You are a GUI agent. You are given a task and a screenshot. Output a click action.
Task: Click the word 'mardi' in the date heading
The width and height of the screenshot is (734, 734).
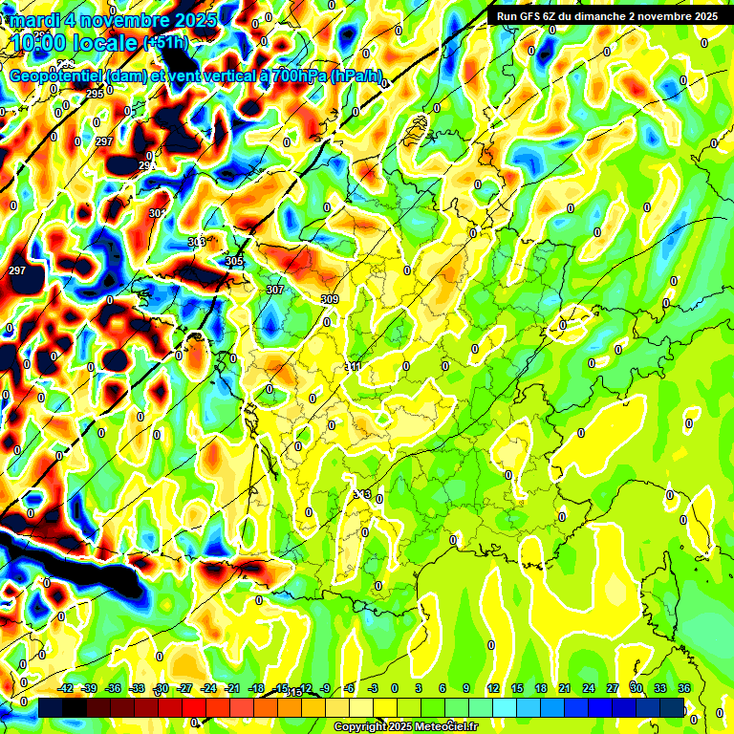point(34,19)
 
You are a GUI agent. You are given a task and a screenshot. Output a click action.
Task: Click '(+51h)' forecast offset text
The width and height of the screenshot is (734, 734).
point(164,42)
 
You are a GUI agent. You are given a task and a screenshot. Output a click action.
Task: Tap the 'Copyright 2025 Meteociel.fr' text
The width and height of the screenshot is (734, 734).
point(404,726)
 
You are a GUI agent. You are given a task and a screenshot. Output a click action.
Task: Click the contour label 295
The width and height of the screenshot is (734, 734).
point(95,94)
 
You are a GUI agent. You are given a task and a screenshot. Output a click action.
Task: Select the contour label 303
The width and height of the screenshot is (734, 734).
point(197,242)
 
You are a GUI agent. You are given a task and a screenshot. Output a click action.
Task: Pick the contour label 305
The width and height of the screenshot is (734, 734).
point(234,261)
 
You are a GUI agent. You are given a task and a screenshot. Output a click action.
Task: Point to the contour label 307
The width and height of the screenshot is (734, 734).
point(275,289)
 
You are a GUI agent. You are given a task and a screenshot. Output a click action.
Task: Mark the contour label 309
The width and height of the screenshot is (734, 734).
point(330,299)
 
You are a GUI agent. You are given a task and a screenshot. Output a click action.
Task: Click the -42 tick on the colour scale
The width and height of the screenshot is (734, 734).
point(66,688)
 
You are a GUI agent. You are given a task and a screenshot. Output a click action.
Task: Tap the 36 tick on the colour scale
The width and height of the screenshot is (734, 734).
point(683,688)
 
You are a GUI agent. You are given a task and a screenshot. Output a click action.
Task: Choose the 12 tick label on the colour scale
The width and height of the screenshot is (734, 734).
point(493,688)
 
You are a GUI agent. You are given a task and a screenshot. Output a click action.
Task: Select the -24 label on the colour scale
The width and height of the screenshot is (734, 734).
point(208,688)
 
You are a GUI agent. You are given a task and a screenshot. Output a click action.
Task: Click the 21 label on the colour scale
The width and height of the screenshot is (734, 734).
point(565,688)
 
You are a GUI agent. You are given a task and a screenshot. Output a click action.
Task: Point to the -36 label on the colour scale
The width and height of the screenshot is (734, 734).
point(114,688)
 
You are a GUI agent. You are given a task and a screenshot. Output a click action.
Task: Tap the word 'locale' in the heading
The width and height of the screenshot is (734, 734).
point(104,42)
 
